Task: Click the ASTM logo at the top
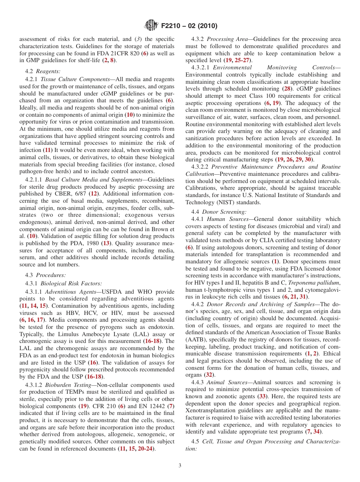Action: [151, 26]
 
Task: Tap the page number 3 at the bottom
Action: [180, 465]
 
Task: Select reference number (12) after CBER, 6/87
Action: [93, 193]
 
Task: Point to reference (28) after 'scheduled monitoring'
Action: [288, 89]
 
